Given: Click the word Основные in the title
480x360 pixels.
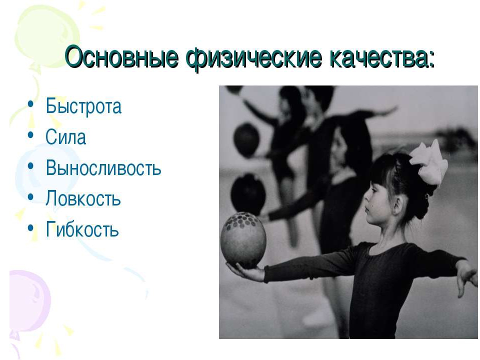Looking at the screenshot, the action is click(121, 57).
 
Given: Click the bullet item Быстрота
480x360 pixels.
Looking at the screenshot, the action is click(83, 106).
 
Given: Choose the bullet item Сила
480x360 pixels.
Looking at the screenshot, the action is click(65, 136).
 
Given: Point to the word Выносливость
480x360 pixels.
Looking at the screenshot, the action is click(103, 168).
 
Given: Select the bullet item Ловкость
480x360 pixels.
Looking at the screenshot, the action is click(83, 198).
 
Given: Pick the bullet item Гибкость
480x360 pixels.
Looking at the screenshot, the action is click(82, 229).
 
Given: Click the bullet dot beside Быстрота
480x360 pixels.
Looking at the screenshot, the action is click(30, 104).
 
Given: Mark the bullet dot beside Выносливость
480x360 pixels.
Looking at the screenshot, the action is click(30, 165).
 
